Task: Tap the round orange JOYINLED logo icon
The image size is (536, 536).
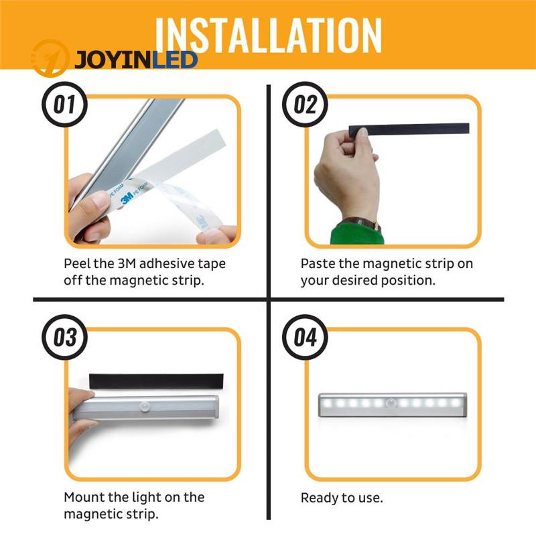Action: (50, 58)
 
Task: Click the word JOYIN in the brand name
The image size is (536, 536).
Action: (113, 60)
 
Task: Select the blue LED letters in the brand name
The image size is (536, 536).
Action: (174, 60)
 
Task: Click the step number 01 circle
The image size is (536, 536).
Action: (64, 105)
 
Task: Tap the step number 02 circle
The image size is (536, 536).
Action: (305, 105)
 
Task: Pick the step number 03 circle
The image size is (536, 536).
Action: (64, 337)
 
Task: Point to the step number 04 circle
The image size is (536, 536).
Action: (305, 337)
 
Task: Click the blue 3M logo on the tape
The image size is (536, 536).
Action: (127, 198)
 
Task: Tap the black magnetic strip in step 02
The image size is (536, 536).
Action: (409, 129)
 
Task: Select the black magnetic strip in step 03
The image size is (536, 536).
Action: (156, 381)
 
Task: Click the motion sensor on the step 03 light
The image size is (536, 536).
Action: (146, 407)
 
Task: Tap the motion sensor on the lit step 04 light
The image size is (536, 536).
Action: (392, 403)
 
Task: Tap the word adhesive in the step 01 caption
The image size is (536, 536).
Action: (162, 263)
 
